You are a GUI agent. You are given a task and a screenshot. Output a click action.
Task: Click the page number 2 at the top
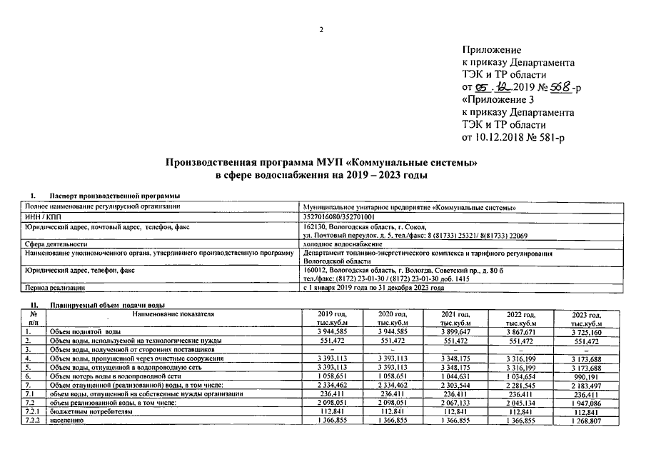click(x=321, y=29)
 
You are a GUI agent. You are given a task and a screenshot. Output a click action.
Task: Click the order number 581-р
click(x=548, y=137)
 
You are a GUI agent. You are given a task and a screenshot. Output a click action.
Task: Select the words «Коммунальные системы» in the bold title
click(x=410, y=162)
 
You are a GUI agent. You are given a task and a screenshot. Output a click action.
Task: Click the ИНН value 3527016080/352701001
click(x=338, y=216)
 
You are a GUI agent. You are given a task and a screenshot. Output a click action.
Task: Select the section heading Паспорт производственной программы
click(x=113, y=196)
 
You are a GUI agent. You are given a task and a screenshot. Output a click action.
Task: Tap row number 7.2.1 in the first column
click(x=33, y=412)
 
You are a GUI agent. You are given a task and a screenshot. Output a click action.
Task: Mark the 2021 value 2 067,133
click(x=455, y=403)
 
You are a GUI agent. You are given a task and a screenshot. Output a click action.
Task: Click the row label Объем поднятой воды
click(x=84, y=332)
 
